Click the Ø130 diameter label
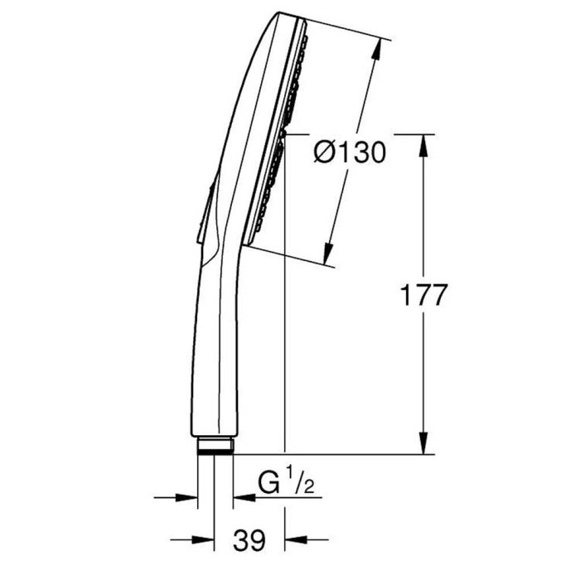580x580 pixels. (350, 152)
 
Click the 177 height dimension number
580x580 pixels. (424, 295)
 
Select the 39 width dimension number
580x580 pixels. (249, 540)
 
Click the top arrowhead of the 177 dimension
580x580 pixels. (424, 145)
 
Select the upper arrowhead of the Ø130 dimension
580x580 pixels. (376, 49)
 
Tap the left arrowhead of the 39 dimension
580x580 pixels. (203, 539)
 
